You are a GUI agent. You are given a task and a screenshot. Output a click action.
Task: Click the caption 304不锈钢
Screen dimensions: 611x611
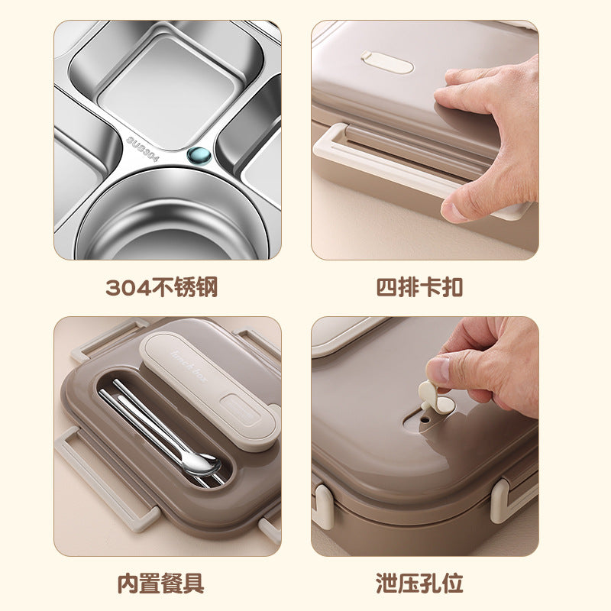pos(162,287)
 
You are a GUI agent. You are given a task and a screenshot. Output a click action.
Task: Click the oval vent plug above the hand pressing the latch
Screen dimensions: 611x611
pos(386,61)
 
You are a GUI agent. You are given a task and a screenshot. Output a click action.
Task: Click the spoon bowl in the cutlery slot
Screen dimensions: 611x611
pos(200,463)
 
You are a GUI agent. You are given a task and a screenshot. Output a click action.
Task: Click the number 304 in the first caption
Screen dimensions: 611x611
pos(124,287)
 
